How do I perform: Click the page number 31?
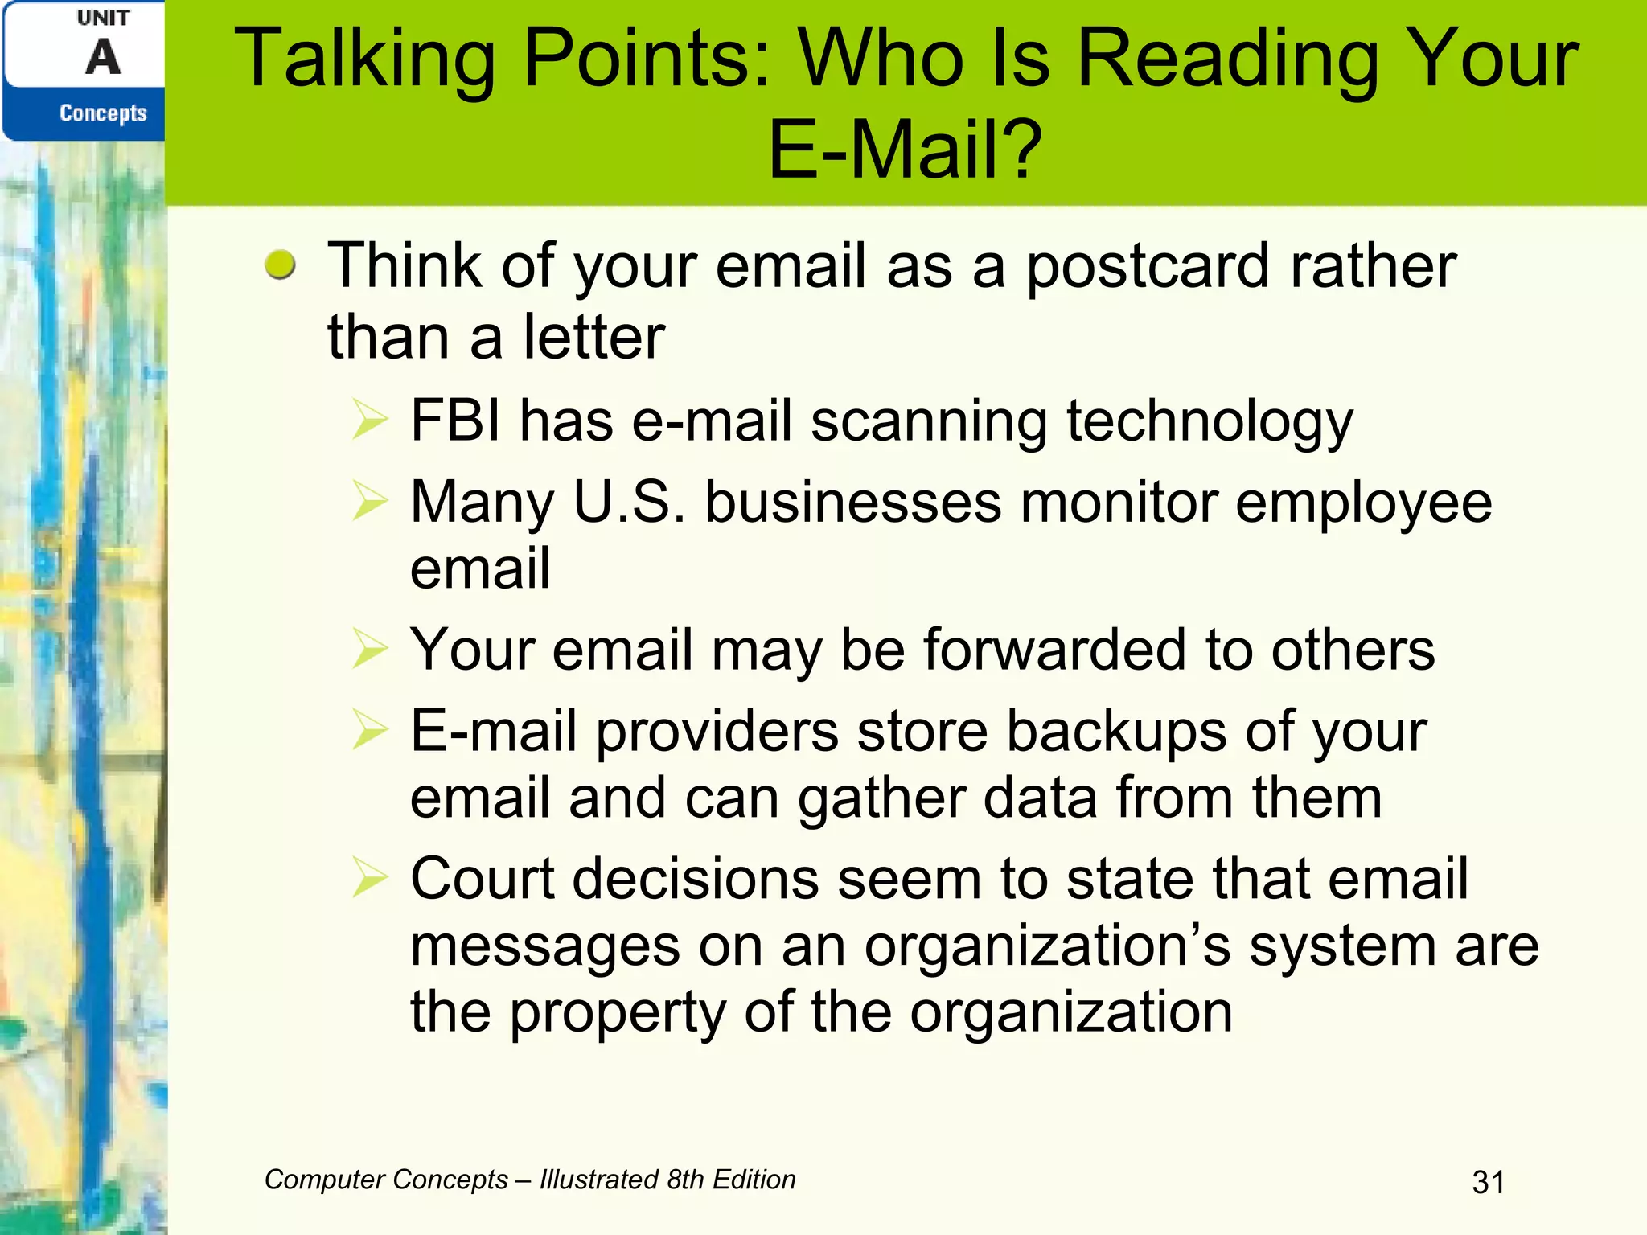point(1488,1182)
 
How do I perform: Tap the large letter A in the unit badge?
point(104,58)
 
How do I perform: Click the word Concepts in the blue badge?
point(103,113)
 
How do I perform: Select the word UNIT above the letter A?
point(103,18)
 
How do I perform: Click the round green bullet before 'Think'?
point(280,265)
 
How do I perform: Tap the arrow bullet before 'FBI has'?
point(370,421)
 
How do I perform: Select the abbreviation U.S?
point(629,503)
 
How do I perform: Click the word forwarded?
point(1054,649)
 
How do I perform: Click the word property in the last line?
point(618,1013)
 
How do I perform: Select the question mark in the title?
point(1025,150)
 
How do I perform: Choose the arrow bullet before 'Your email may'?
point(370,649)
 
